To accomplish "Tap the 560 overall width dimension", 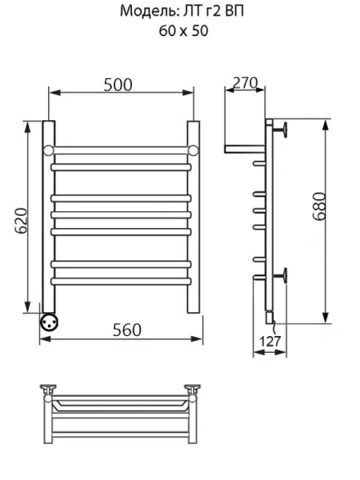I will click(x=126, y=330).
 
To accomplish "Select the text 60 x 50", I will click(x=179, y=31).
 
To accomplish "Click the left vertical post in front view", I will click(x=48, y=216).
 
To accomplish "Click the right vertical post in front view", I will click(x=193, y=216).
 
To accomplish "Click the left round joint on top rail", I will click(x=48, y=150).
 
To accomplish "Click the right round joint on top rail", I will click(x=193, y=150).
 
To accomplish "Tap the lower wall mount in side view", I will click(x=282, y=276).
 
